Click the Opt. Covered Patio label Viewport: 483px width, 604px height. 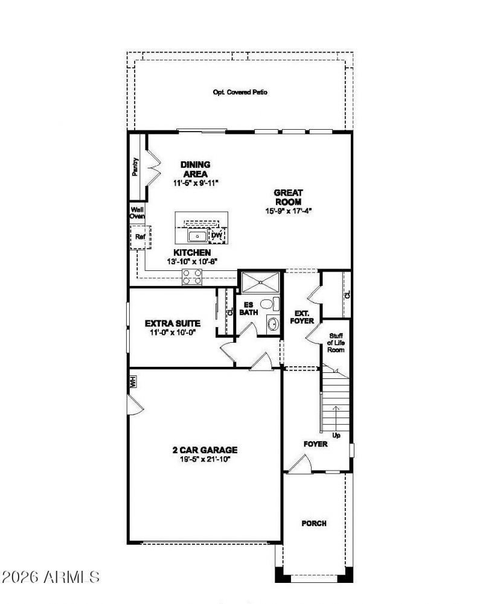[x=240, y=92]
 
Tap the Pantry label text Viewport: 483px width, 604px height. [x=135, y=167]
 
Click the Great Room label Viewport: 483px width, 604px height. [x=288, y=197]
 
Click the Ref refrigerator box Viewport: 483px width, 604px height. [x=140, y=237]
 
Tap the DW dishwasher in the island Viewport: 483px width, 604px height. [x=217, y=235]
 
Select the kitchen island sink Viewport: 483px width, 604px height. [x=197, y=235]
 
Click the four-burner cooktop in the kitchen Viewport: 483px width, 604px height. [x=193, y=277]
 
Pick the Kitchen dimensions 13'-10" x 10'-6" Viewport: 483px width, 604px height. [x=192, y=261]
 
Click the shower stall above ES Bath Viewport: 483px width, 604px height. [x=260, y=282]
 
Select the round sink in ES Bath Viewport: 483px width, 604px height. [x=273, y=324]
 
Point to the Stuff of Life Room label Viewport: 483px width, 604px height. [x=336, y=343]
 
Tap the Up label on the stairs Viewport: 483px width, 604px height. [x=336, y=434]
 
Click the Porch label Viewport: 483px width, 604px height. [x=314, y=523]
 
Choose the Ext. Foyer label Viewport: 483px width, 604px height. [x=302, y=317]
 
